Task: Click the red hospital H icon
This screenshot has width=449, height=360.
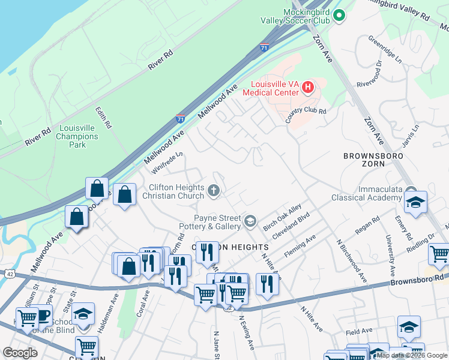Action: click(x=307, y=88)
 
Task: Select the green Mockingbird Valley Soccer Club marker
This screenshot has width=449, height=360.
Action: click(x=339, y=16)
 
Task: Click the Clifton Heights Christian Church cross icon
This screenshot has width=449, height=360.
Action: click(x=213, y=191)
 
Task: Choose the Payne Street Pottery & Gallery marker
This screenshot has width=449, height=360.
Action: click(x=250, y=222)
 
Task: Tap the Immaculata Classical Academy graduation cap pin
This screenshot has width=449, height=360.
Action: click(x=415, y=203)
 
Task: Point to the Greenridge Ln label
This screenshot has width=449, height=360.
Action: click(x=384, y=50)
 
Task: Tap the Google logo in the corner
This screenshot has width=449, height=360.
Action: click(x=20, y=353)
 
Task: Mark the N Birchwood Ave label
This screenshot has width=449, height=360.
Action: click(x=351, y=262)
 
